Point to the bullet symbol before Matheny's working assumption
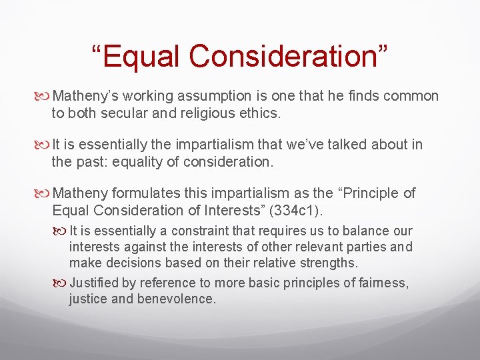45,97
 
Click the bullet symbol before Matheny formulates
45,194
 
